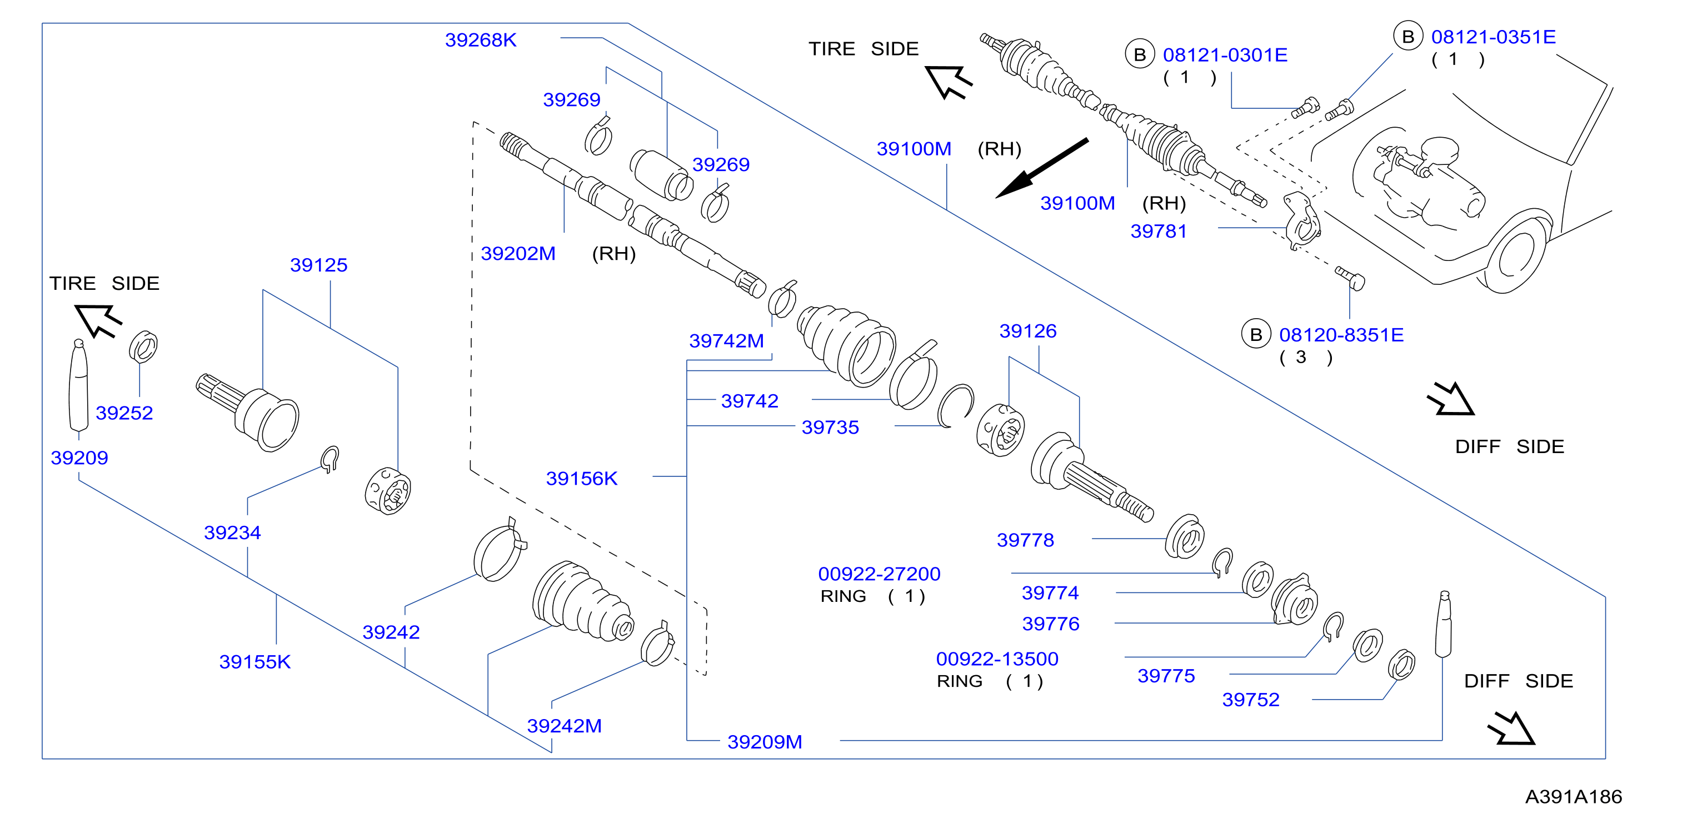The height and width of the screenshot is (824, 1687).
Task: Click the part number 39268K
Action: click(x=481, y=40)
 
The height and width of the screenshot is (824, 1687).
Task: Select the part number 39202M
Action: click(x=518, y=253)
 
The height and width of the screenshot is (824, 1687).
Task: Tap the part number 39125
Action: click(x=319, y=265)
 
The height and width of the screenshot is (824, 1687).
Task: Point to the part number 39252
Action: click(x=124, y=413)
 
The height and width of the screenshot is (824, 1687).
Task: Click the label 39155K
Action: click(x=254, y=662)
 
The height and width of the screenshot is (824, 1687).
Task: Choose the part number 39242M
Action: click(x=565, y=726)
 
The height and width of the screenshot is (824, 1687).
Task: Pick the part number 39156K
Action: click(x=582, y=479)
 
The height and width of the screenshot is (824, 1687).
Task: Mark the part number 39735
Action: click(x=830, y=428)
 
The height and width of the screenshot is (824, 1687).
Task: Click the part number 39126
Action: click(x=1028, y=331)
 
